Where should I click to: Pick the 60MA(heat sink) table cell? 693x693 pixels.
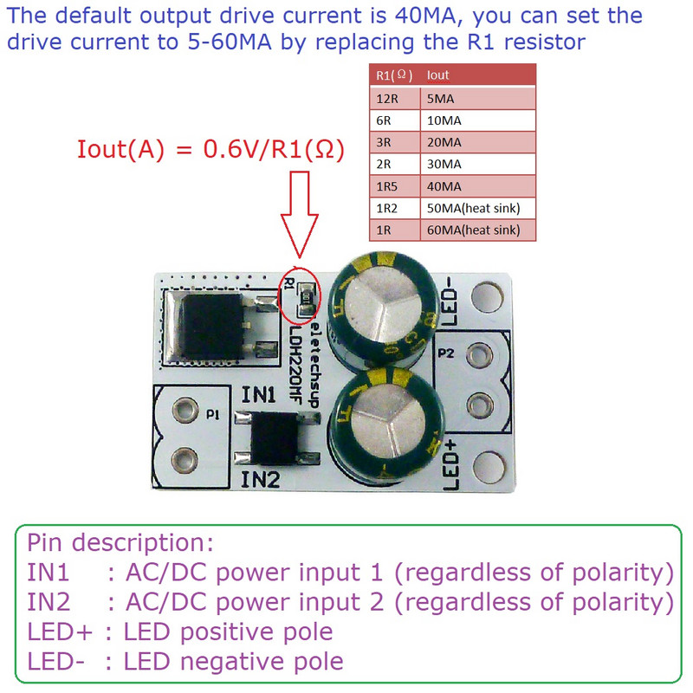(474, 230)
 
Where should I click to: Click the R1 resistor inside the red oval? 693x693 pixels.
(304, 299)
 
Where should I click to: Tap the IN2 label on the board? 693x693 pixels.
(260, 479)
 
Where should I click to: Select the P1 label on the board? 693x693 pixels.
(212, 415)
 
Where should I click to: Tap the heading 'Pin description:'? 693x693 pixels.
(120, 544)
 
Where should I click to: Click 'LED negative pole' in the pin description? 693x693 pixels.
(234, 661)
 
